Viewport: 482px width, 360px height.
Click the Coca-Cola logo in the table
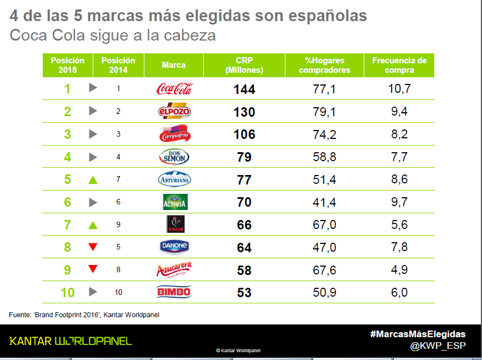coord(174,89)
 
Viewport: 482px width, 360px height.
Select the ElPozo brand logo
coord(174,111)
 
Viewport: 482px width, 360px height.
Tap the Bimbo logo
coord(174,292)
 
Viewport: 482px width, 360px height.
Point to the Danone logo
coord(174,247)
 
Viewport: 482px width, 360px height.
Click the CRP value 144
coord(244,89)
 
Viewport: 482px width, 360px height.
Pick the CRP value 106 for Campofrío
coord(244,134)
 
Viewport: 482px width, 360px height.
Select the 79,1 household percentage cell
coord(324,112)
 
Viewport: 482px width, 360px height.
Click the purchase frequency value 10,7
coord(399,89)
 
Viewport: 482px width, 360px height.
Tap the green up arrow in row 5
coord(93,180)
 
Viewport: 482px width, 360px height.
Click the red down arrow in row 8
coord(93,247)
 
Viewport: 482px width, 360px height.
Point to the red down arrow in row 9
coord(93,269)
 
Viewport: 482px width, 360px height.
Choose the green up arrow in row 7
coord(93,225)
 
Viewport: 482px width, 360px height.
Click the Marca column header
coord(174,66)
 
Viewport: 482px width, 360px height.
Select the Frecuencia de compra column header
coord(399,66)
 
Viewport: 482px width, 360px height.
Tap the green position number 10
coord(67,292)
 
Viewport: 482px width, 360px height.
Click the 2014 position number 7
coord(118,179)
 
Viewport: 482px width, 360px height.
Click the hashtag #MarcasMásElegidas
coord(418,334)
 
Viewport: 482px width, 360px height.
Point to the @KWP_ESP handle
coord(438,346)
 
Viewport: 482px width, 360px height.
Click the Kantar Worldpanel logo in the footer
coord(71,341)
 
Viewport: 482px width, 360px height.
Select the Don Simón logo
coord(174,157)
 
